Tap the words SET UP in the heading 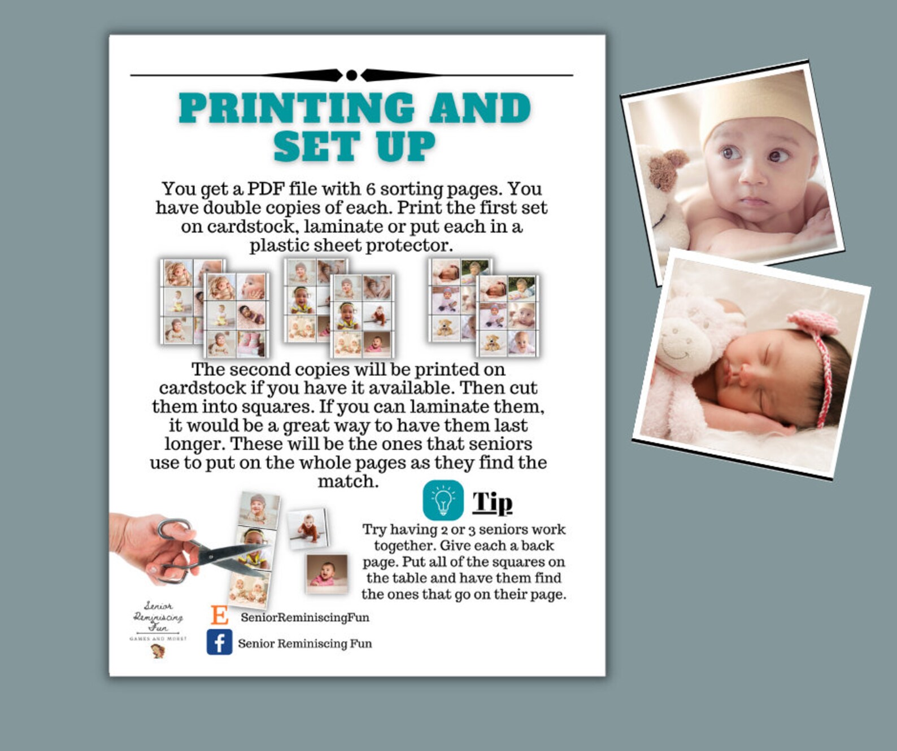coord(354,146)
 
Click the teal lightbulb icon coord(443,500)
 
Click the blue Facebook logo coord(219,642)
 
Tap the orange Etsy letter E coord(219,615)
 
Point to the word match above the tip coord(347,481)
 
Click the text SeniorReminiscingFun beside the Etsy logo coord(305,617)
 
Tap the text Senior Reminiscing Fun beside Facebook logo coord(305,644)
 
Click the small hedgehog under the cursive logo coord(158,651)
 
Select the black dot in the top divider coord(351,75)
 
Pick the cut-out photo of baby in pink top coord(326,572)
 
